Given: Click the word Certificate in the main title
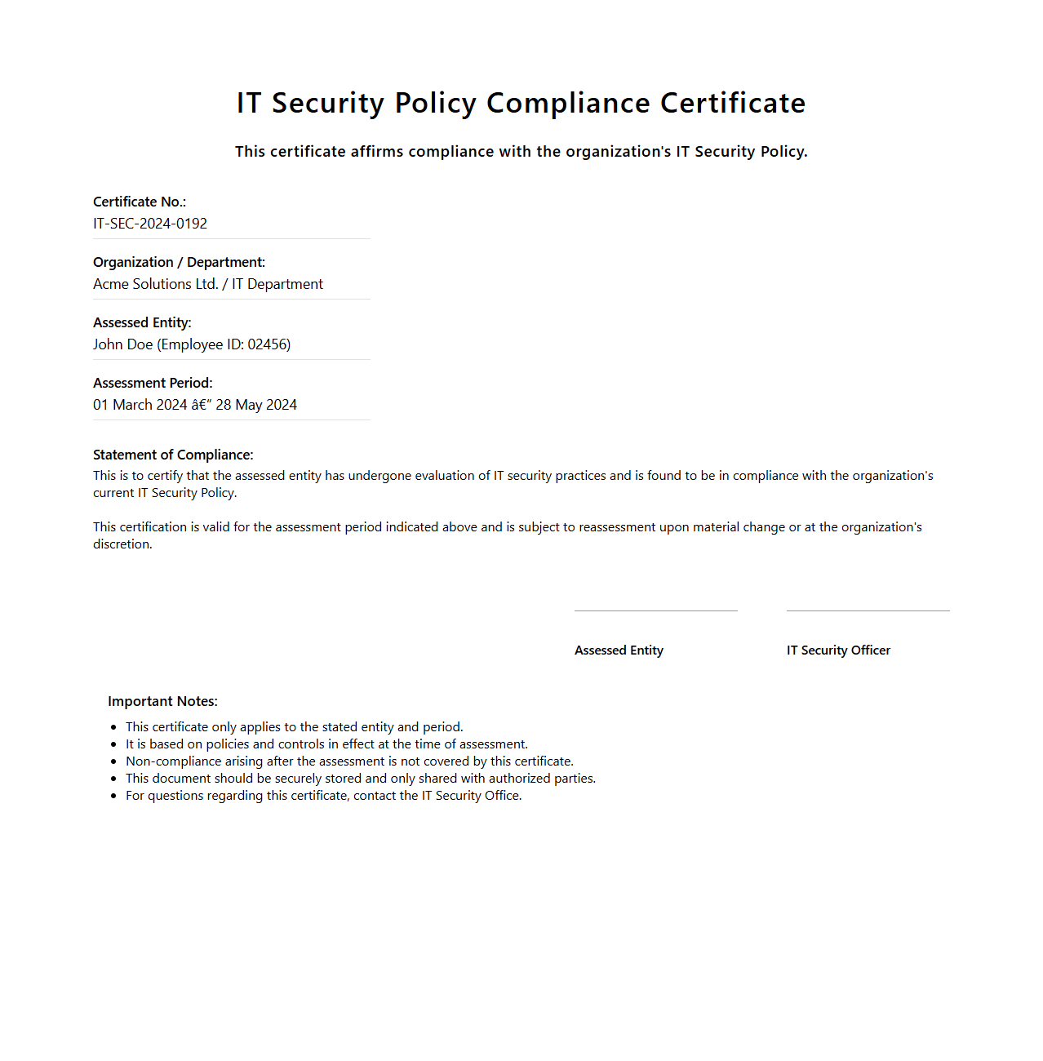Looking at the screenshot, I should pyautogui.click(x=732, y=104).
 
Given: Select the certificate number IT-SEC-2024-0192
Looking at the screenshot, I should pyautogui.click(x=150, y=224).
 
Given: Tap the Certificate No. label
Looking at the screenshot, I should pyautogui.click(x=140, y=202).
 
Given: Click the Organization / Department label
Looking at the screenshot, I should pyautogui.click(x=179, y=262).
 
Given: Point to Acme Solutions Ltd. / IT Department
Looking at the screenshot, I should pyautogui.click(x=208, y=284).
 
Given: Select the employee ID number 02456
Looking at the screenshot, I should pyautogui.click(x=268, y=344).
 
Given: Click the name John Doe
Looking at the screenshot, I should pyautogui.click(x=122, y=344).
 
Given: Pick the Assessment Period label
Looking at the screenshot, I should pyautogui.click(x=153, y=383).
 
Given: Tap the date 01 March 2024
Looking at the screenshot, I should pyautogui.click(x=140, y=405).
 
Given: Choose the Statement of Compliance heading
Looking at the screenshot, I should pyautogui.click(x=173, y=455).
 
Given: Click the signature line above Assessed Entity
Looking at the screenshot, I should pyautogui.click(x=655, y=610).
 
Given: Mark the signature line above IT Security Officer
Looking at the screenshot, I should pyautogui.click(x=868, y=610).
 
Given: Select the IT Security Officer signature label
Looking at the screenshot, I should pyautogui.click(x=838, y=650).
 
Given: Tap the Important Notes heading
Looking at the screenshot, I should pyautogui.click(x=162, y=701).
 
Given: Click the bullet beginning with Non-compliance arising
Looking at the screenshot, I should pyautogui.click(x=349, y=761).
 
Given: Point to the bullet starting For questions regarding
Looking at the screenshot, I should pyautogui.click(x=323, y=796).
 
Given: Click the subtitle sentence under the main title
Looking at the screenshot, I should pyautogui.click(x=521, y=152).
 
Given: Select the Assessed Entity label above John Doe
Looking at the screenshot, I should pyautogui.click(x=142, y=322).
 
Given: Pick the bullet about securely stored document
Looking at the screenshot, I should pyautogui.click(x=360, y=779).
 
